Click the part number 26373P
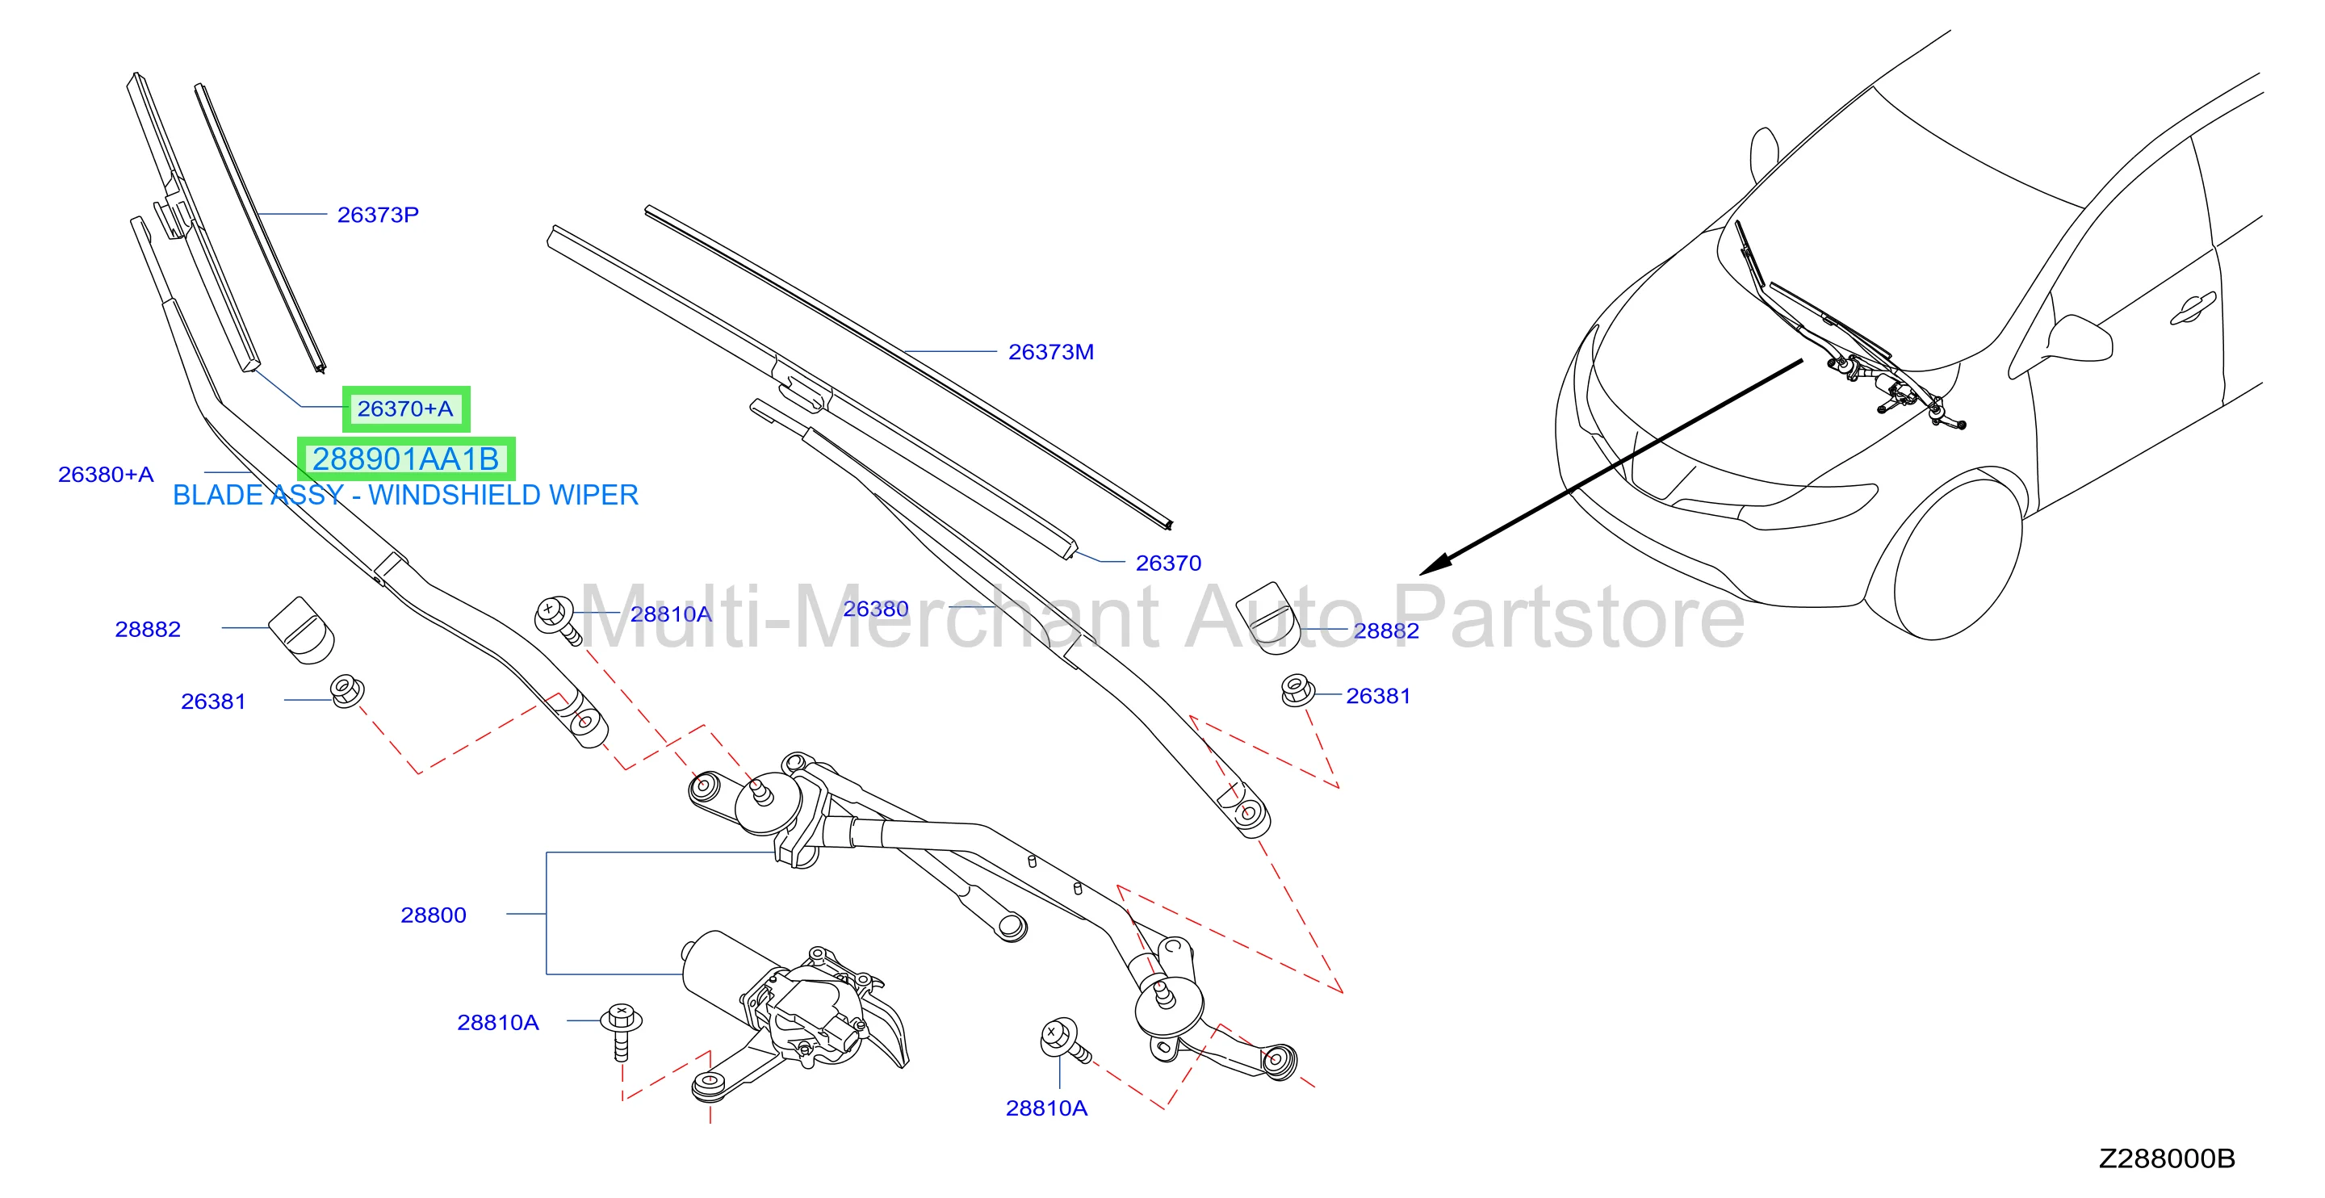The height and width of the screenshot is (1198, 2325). tap(377, 215)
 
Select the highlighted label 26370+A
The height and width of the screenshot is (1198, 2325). tap(405, 409)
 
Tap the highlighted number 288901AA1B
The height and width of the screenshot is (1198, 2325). tap(405, 459)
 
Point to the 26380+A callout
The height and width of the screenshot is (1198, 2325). tap(106, 474)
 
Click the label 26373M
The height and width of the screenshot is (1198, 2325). tap(1050, 352)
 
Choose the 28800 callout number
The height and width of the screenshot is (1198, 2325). tap(434, 915)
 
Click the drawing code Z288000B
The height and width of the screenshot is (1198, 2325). tap(2166, 1158)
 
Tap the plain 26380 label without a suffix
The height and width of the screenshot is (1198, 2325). tap(875, 609)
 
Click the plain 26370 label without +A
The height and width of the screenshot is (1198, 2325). tap(1168, 563)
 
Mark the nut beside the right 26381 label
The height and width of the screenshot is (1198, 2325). tap(1297, 689)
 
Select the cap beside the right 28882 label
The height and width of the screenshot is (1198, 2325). tap(1267, 616)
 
